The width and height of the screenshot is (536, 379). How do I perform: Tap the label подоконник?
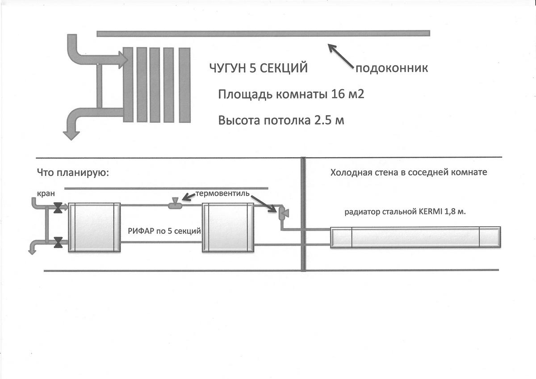click(x=392, y=68)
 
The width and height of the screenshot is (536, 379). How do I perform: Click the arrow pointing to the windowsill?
click(x=340, y=56)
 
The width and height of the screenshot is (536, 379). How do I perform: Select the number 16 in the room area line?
click(x=337, y=94)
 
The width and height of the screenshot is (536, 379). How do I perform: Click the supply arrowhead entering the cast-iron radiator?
click(x=123, y=60)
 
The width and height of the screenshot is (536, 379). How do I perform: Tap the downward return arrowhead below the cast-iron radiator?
click(x=71, y=136)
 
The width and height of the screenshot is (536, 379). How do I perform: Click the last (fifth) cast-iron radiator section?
click(x=184, y=85)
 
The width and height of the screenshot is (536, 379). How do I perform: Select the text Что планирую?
click(x=73, y=173)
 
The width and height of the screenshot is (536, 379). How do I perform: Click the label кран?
click(x=46, y=193)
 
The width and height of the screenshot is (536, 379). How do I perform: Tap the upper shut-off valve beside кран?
click(x=58, y=208)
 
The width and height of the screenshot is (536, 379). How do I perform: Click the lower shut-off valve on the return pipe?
click(x=58, y=242)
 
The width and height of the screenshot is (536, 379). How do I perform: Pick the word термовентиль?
click(x=222, y=193)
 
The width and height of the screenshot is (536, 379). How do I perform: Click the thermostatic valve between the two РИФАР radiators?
click(x=175, y=204)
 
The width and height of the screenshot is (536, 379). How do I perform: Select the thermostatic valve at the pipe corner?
click(x=283, y=213)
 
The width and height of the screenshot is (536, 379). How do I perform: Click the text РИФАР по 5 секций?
click(x=164, y=231)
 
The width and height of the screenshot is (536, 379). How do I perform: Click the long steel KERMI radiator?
click(x=415, y=237)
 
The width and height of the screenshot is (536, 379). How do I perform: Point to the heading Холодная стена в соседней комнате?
click(x=409, y=172)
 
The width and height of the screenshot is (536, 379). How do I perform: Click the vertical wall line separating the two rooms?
click(x=303, y=214)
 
